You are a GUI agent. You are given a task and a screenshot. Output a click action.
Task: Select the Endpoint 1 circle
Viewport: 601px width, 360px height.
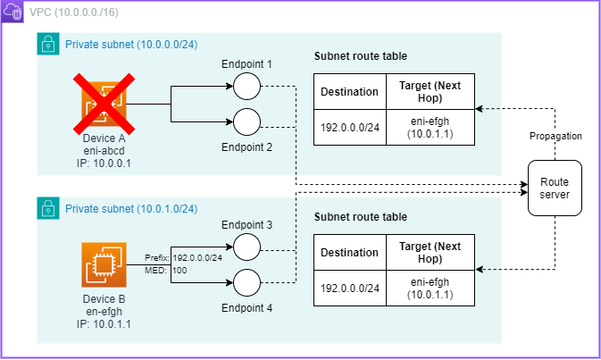coord(246,87)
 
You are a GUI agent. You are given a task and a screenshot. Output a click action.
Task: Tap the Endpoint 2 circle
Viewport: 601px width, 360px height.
coord(246,121)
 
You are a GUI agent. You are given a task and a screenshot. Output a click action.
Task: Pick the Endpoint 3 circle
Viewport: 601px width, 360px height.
coord(246,246)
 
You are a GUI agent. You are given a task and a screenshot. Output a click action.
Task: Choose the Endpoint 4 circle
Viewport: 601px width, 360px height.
coord(246,282)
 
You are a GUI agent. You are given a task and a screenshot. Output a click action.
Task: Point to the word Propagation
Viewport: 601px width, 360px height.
coord(555,136)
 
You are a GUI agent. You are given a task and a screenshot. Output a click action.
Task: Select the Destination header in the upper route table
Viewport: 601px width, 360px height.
coord(349,91)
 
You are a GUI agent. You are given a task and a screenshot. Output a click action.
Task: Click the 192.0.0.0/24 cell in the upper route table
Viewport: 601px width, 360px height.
coord(349,128)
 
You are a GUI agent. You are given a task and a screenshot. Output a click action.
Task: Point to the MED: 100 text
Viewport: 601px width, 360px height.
coord(166,269)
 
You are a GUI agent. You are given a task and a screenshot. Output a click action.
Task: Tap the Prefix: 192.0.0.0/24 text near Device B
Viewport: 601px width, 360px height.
coord(184,256)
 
